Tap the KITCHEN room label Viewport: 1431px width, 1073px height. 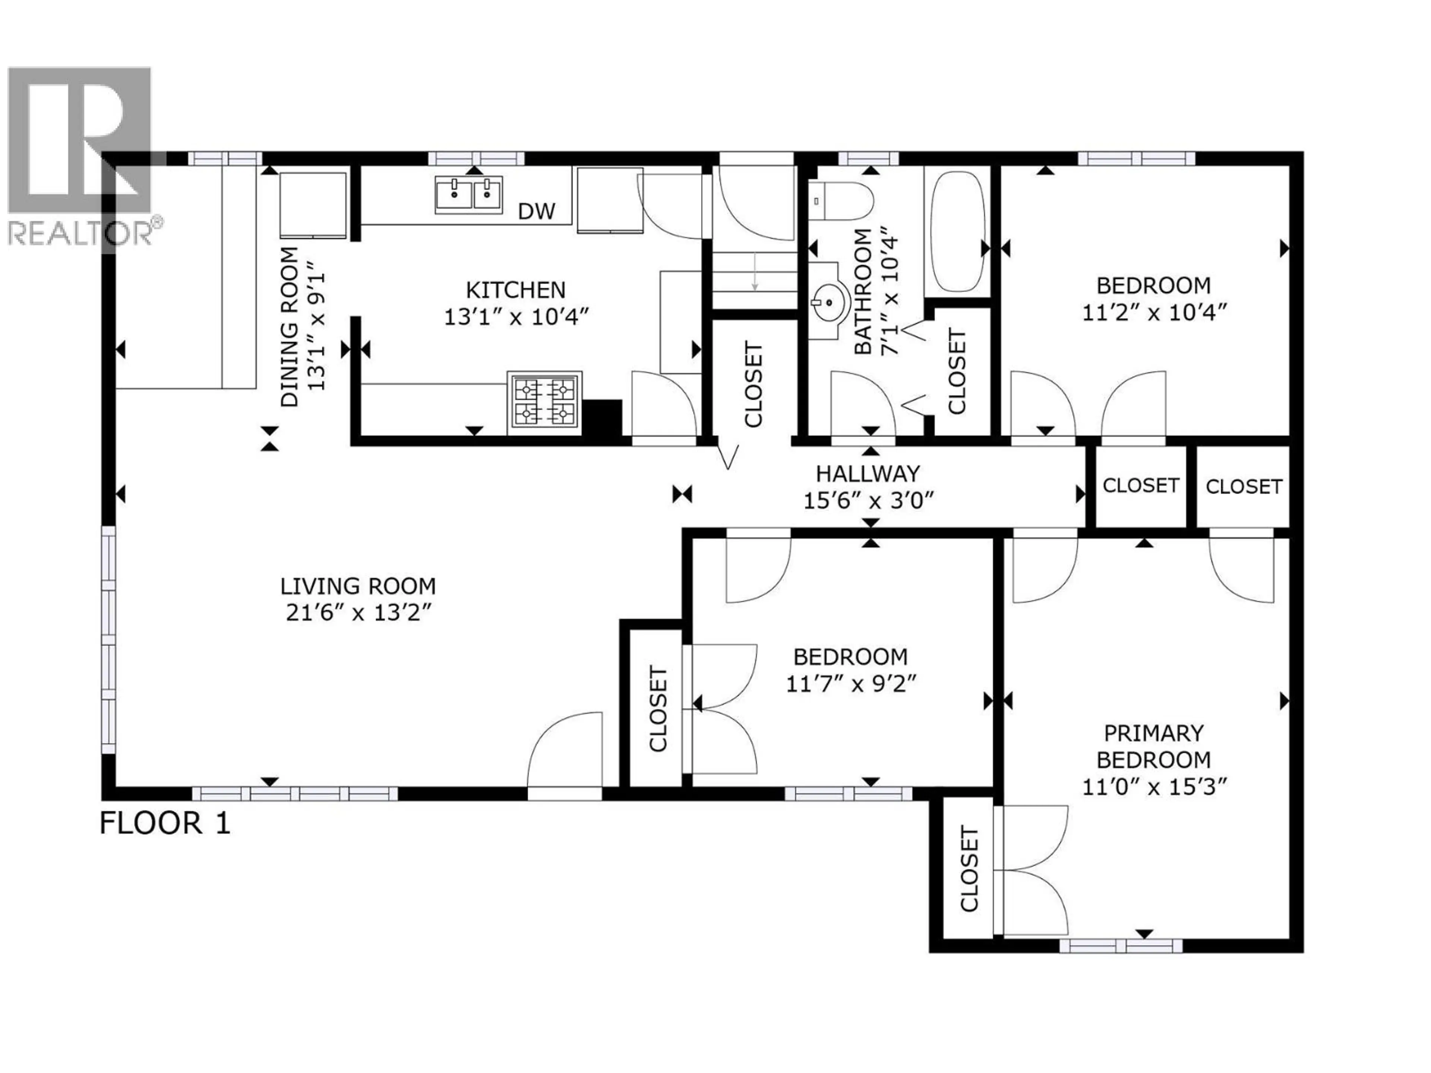point(516,289)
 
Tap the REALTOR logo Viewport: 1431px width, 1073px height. point(81,155)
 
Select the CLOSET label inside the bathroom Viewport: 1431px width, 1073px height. point(956,371)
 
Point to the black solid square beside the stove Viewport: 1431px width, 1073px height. point(602,418)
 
